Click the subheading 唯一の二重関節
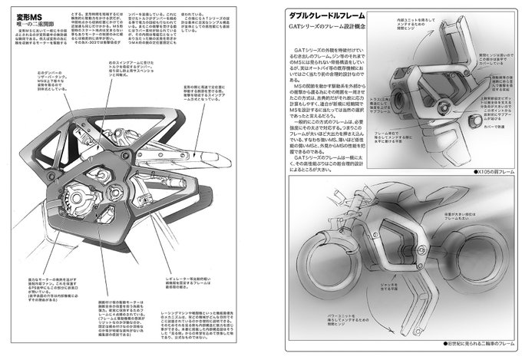coord(37,23)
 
